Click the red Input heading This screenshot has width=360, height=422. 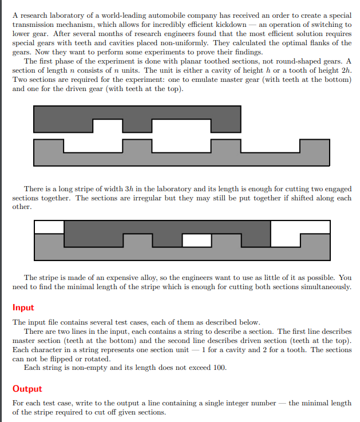point(23,307)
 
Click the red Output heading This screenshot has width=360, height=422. point(27,389)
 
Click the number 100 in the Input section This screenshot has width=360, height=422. point(219,368)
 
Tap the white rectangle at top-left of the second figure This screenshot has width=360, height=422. point(49,227)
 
